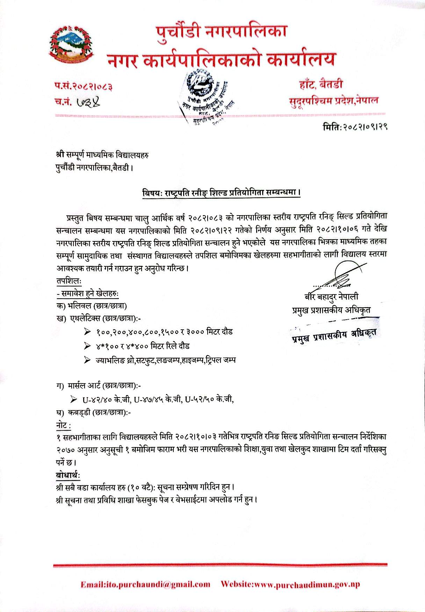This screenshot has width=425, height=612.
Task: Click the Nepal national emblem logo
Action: [x=71, y=45]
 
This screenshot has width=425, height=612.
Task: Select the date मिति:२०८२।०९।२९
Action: [x=355, y=126]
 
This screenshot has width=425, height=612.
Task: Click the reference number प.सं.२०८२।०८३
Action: [x=84, y=86]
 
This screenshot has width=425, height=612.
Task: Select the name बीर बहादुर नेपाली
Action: [x=331, y=297]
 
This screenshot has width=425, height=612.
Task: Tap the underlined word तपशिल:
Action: [x=69, y=281]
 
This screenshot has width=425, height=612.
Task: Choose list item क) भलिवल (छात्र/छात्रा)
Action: [x=91, y=306]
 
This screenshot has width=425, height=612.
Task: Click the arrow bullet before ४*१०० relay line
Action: [x=87, y=346]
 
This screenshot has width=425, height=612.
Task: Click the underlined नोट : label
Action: [x=64, y=425]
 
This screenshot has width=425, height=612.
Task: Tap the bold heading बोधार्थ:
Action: [x=68, y=475]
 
